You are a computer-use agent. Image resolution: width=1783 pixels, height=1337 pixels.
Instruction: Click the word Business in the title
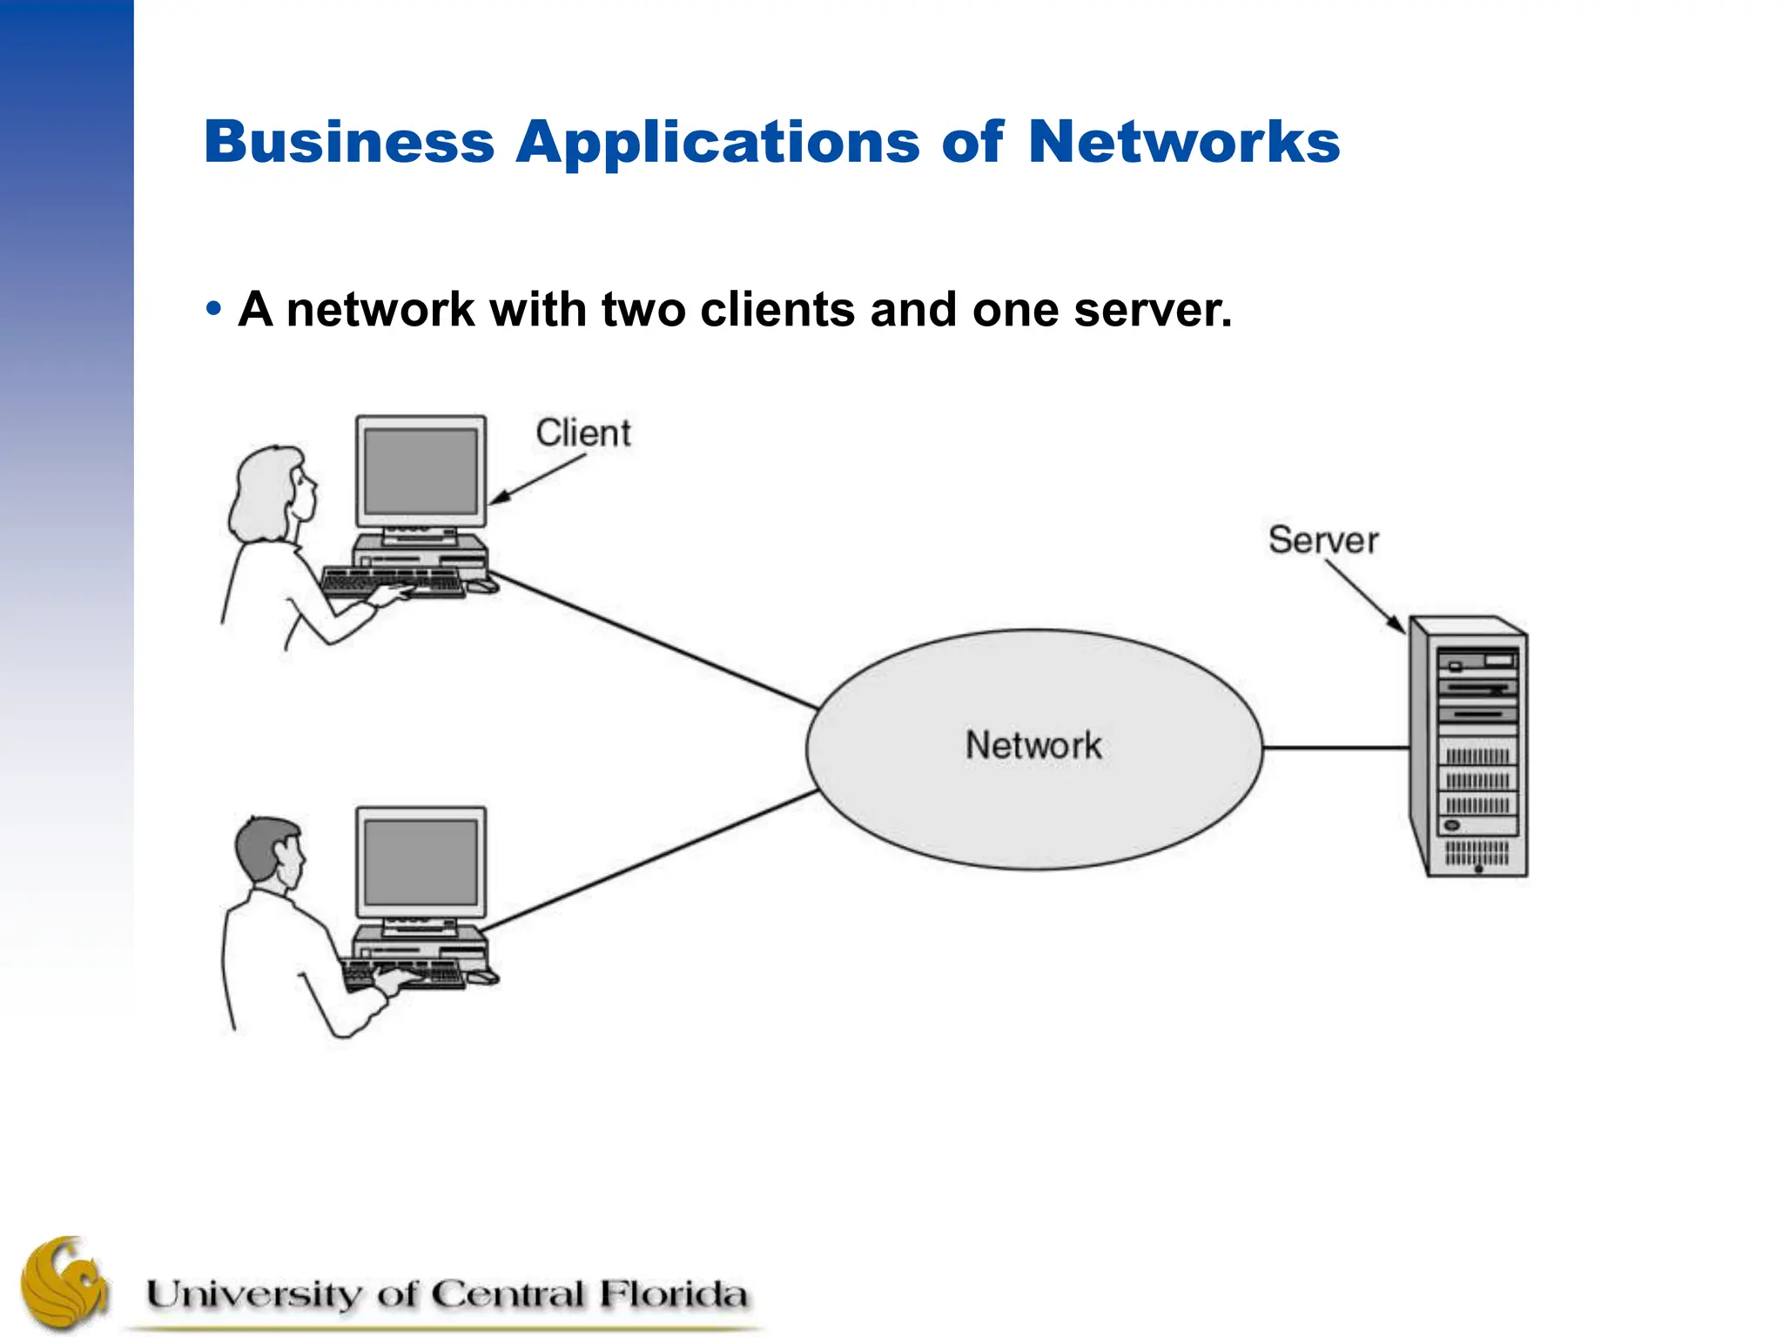tap(348, 142)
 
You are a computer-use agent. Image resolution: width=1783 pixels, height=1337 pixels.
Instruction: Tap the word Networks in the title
tap(1183, 142)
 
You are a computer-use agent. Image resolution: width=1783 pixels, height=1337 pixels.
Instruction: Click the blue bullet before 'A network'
tap(213, 310)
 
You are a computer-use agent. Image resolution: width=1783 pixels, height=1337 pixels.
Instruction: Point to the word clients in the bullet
tap(777, 310)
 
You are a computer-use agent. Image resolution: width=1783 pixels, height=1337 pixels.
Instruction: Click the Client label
tap(582, 433)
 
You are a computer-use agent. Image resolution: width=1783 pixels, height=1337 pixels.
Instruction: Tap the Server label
tap(1322, 540)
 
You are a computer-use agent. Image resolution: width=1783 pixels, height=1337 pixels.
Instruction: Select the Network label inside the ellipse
tap(1033, 745)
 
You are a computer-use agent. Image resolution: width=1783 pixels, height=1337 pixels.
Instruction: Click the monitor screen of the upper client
tap(421, 472)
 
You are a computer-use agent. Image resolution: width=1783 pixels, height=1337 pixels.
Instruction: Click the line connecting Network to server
tap(1335, 748)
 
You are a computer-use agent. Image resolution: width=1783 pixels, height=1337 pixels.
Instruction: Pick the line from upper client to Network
tap(653, 640)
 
